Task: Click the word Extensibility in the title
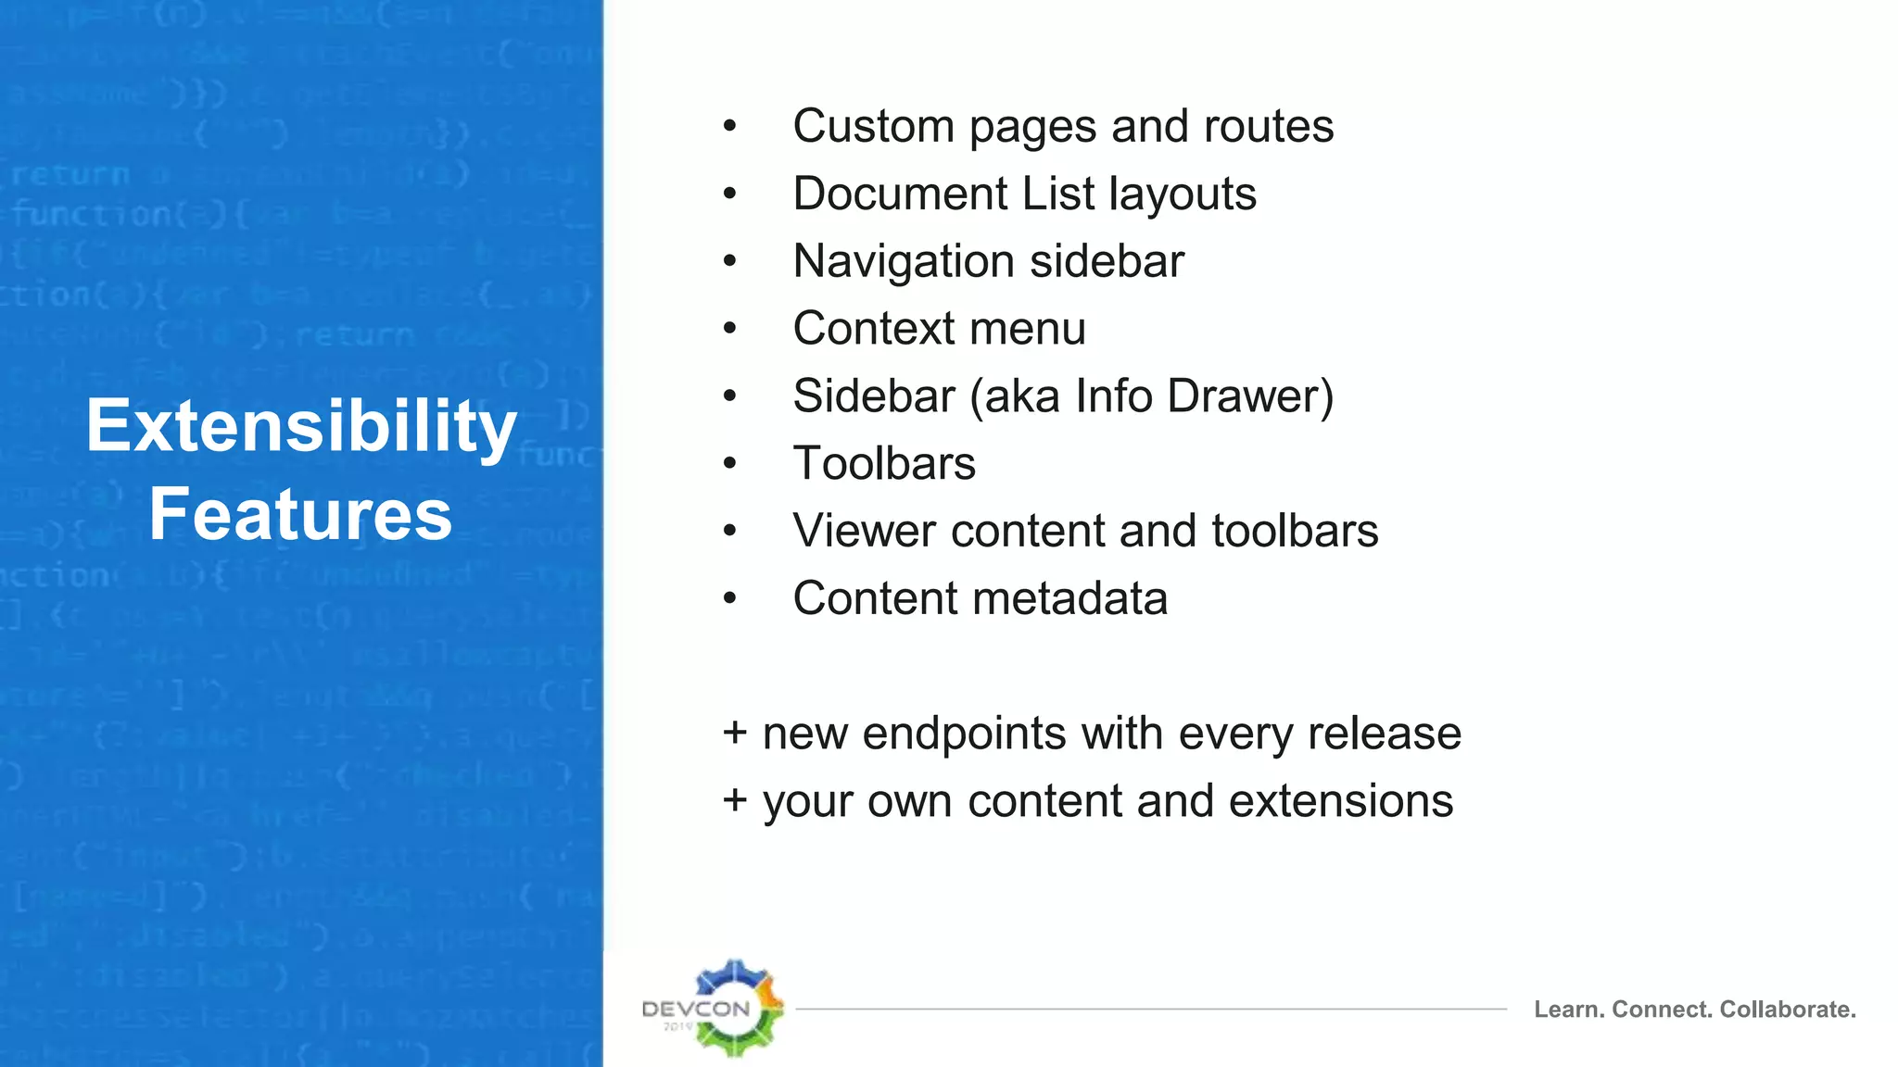click(x=301, y=427)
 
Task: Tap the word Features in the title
click(x=301, y=515)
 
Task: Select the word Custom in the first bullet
click(x=873, y=126)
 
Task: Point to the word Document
click(x=900, y=194)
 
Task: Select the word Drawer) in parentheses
click(x=1250, y=396)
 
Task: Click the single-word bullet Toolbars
click(x=884, y=463)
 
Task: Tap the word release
click(x=1385, y=734)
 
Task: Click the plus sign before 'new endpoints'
click(x=735, y=733)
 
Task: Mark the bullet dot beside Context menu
click(x=730, y=329)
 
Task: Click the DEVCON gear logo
click(x=735, y=1008)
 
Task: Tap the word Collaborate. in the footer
click(x=1788, y=1009)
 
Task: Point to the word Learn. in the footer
click(x=1568, y=1009)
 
